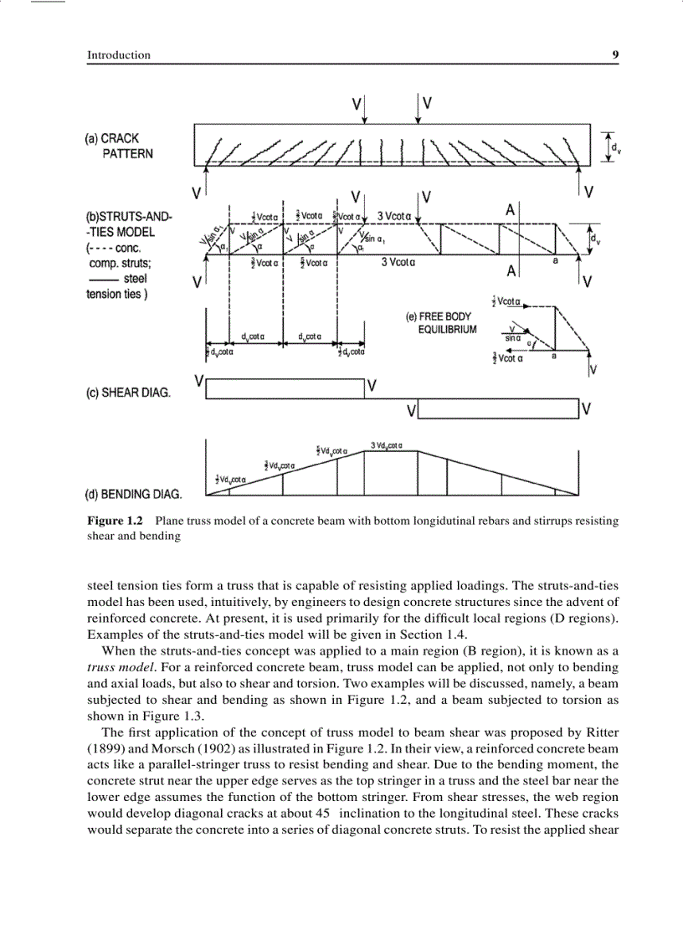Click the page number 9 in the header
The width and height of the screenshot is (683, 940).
pos(615,55)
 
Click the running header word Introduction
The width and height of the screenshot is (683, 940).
pos(119,55)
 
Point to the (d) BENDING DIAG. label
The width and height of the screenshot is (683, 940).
pos(134,494)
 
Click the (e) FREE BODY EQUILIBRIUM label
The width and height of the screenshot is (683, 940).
pos(440,323)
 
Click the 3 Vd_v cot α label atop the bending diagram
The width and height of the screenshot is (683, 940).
pos(387,444)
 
